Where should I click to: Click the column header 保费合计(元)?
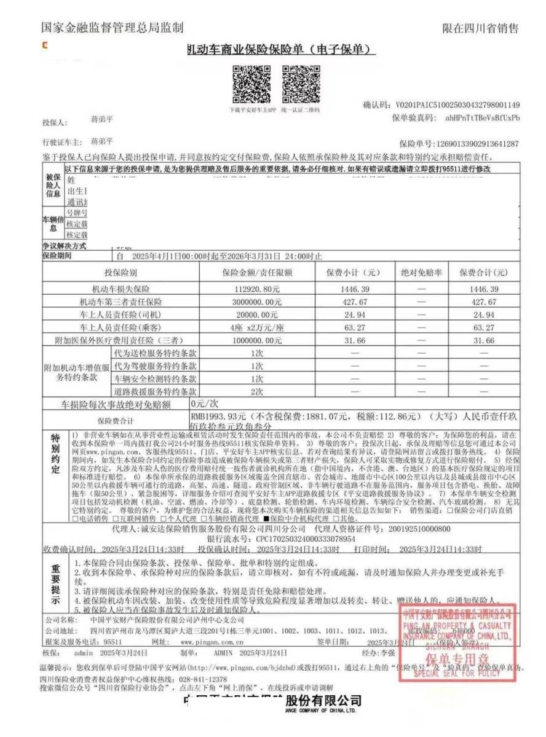pos(484,272)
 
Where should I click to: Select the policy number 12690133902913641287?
pos(477,142)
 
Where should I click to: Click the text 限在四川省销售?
pos(480,28)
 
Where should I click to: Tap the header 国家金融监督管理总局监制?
pos(112,28)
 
